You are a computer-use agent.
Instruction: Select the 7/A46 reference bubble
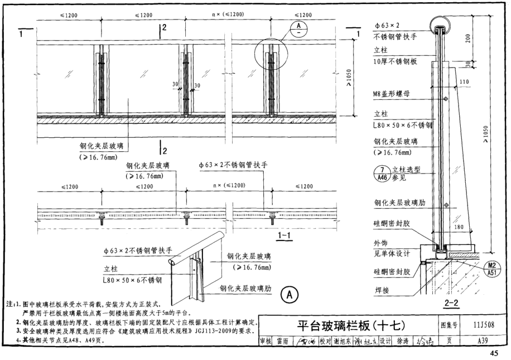coord(382,175)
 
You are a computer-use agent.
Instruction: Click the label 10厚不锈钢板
coord(396,63)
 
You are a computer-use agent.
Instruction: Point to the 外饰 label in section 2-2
coord(382,243)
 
